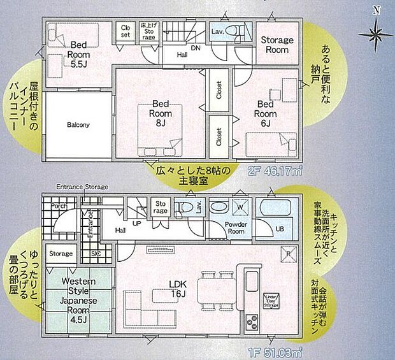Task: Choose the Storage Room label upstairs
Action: [276, 45]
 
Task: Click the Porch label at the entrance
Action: [59, 206]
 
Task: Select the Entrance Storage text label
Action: [82, 187]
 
